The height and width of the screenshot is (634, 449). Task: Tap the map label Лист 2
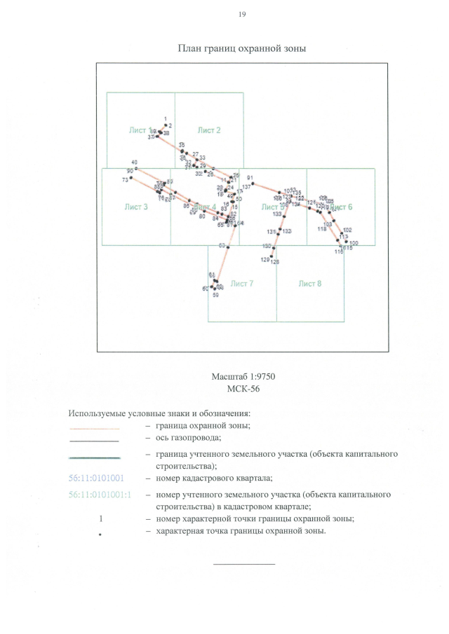pos(209,130)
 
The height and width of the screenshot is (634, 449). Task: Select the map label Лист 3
pos(136,207)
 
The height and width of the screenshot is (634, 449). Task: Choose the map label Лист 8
pos(309,284)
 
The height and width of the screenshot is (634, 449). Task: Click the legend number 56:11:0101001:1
pos(100,495)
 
